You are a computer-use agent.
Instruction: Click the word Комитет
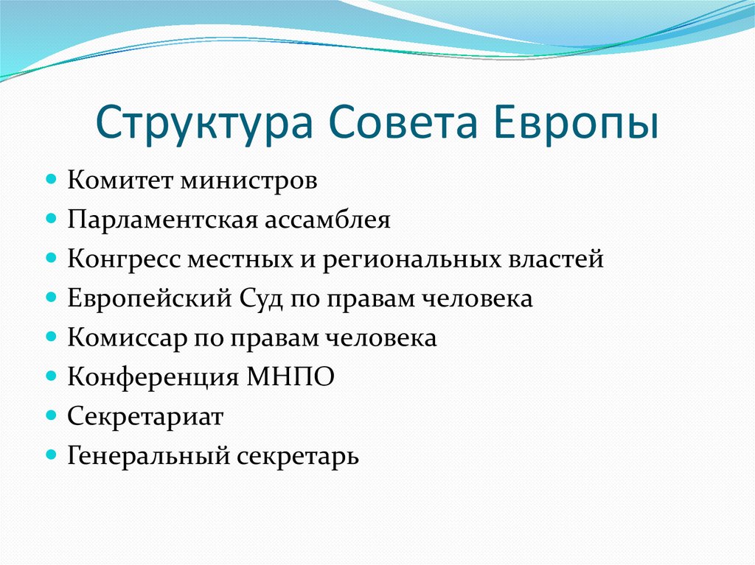(x=117, y=181)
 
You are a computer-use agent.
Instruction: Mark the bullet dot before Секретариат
(x=52, y=417)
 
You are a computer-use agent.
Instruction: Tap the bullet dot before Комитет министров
(x=52, y=181)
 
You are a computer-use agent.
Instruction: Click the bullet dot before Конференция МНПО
(x=52, y=377)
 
